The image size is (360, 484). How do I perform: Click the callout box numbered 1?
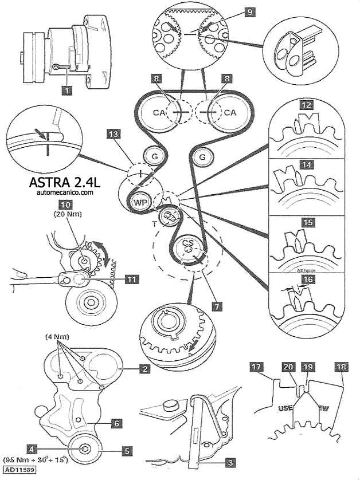pos(68,90)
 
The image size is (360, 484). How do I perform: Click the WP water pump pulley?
pos(139,202)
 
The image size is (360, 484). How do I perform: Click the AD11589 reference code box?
pos(19,470)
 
